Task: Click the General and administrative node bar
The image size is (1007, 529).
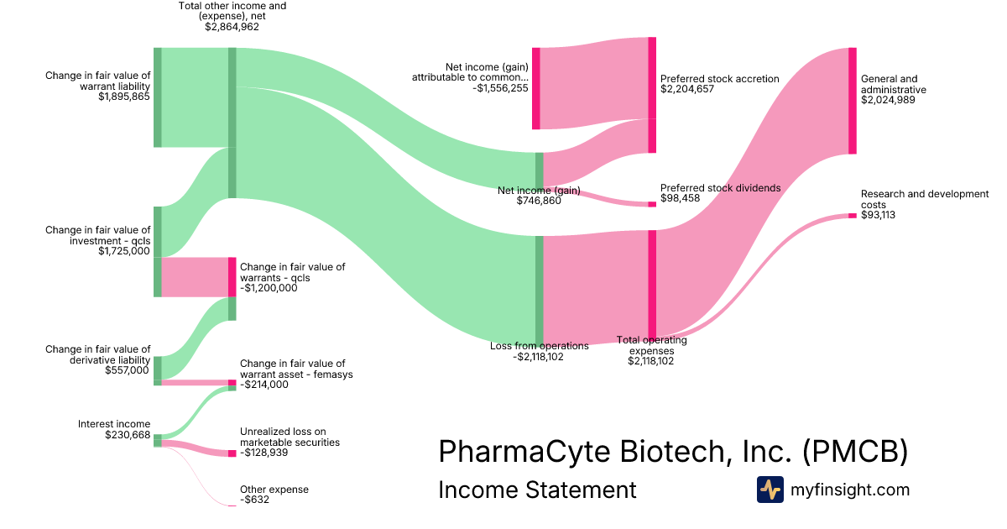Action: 852,101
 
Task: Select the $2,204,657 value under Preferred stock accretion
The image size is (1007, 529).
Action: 687,89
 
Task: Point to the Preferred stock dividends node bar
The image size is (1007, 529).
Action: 652,204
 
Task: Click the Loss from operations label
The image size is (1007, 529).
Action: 540,345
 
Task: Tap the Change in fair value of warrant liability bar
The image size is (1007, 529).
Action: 157,97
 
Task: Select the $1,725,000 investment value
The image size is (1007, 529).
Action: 124,250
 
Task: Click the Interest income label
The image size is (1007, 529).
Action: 114,424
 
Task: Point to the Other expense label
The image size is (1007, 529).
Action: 274,490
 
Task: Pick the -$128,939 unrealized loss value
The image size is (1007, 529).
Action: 264,452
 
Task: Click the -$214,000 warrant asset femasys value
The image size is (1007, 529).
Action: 264,385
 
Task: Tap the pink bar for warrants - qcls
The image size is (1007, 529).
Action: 232,277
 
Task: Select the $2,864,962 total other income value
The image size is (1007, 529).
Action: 232,27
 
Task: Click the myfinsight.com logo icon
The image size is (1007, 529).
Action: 770,490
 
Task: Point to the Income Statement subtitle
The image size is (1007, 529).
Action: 537,490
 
